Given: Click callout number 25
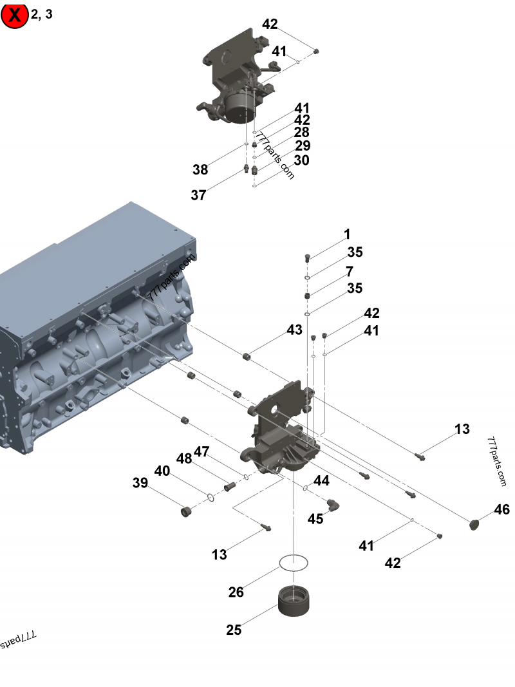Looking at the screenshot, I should tap(234, 630).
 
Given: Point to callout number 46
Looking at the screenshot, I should tap(501, 510).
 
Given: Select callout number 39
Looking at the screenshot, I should tap(140, 483).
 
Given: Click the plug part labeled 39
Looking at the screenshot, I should tap(186, 513).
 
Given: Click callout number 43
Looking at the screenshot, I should tap(294, 330).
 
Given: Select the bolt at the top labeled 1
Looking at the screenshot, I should tap(308, 258).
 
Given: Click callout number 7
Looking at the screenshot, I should tap(349, 271).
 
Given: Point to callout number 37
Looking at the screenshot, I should tap(198, 194).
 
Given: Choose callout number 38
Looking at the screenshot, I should tap(200, 170).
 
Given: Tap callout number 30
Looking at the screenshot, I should tap(301, 160).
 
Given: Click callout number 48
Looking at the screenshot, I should tap(184, 458).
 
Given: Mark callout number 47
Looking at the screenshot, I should tap(201, 452).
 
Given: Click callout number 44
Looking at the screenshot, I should tap(321, 481).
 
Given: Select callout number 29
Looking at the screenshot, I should tap(303, 146).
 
